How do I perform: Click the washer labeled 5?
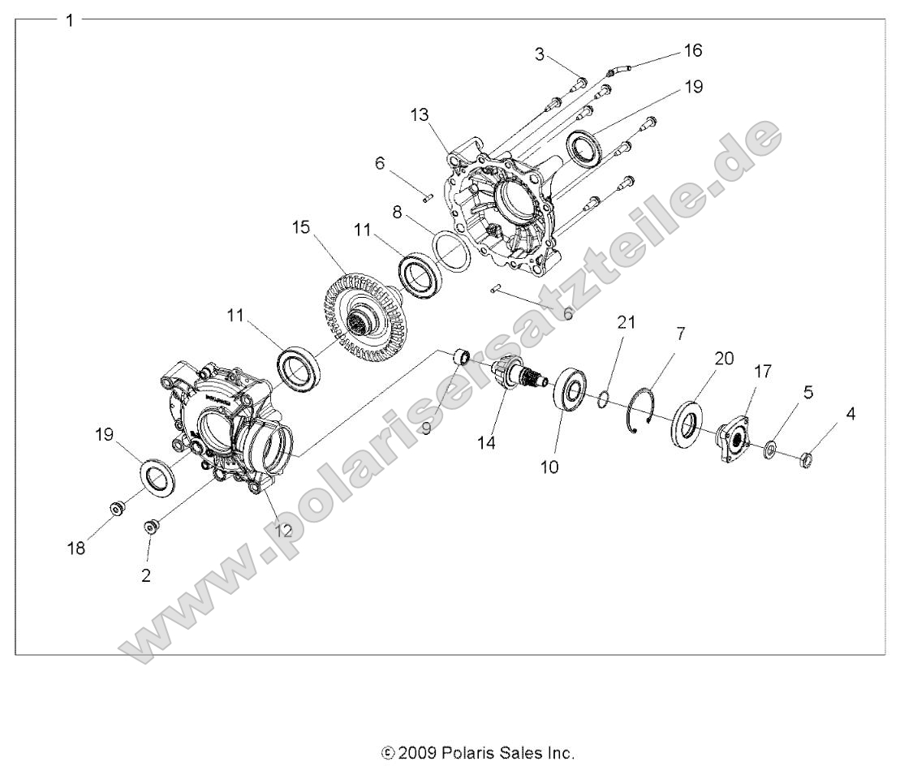pos(769,448)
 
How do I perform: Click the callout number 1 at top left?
pos(70,20)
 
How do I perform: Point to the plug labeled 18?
pos(118,510)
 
